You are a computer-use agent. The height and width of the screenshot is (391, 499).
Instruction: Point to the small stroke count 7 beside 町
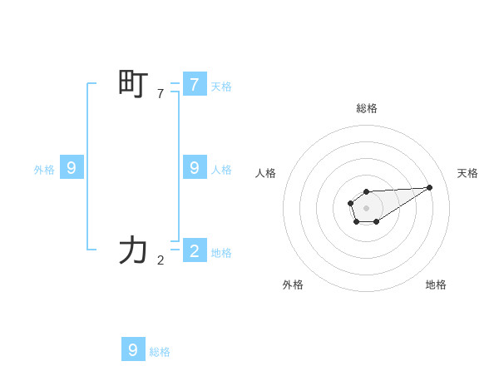coord(161,94)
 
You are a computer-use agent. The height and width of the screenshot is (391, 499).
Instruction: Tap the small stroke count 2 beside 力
coord(161,260)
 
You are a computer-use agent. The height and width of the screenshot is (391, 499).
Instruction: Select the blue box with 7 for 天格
coord(194,85)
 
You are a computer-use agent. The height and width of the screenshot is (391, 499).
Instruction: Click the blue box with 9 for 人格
coord(194,168)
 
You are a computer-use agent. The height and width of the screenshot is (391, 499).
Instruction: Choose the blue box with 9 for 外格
coord(72,168)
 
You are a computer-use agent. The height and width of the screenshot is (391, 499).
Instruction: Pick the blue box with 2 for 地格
coord(194,250)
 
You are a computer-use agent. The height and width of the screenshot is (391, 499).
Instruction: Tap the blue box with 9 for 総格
coord(133,349)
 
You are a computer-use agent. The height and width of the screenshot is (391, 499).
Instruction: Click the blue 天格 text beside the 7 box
coord(221,87)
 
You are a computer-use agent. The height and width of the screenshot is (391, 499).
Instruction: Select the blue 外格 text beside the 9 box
coord(44,170)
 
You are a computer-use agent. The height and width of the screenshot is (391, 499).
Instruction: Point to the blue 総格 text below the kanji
coord(160,352)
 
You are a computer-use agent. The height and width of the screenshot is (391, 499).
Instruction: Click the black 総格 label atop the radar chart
coord(367,108)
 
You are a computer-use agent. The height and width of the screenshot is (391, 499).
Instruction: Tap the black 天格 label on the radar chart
coord(467,173)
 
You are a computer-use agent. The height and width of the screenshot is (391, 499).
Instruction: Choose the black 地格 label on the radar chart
coord(436,285)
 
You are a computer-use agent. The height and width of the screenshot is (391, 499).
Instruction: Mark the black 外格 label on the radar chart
coord(293,285)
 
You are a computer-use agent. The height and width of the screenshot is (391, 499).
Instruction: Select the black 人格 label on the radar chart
coord(266,173)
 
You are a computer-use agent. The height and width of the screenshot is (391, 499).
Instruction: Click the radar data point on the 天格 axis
coord(429,187)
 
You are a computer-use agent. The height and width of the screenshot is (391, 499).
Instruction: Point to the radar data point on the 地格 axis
coord(377,221)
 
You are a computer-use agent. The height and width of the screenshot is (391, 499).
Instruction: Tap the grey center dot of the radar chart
coord(367,207)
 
